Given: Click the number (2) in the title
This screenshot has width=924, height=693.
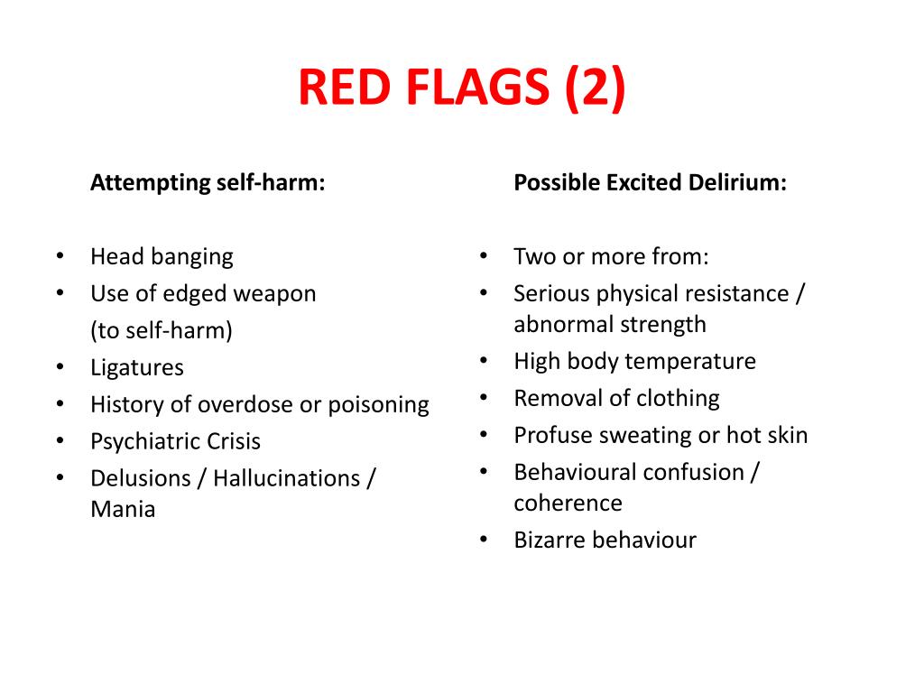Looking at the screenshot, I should tap(596, 88).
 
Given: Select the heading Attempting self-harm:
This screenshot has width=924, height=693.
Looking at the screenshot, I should tap(208, 183).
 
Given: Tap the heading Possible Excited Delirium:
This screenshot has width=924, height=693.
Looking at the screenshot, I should tap(650, 183).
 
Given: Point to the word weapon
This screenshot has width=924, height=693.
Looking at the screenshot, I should tap(275, 293).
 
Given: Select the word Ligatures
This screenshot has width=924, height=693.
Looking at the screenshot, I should tap(136, 367).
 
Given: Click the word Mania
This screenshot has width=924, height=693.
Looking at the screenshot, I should tap(123, 509).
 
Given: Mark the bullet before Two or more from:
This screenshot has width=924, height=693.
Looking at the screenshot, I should tap(484, 256).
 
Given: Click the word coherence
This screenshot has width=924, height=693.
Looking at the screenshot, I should tap(568, 503).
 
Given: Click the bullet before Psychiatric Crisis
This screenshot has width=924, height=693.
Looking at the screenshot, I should tap(60, 441).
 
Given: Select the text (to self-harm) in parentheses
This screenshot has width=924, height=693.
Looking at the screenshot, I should tap(162, 330).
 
